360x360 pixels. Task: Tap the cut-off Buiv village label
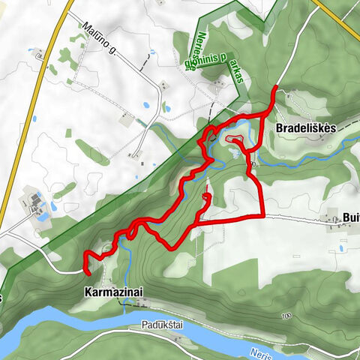[x=350, y=218]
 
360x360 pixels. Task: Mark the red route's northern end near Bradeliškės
[x=275, y=88]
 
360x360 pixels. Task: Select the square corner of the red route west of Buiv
[x=262, y=215]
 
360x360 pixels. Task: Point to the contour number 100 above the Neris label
[x=286, y=316]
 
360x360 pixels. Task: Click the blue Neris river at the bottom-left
[x=30, y=322]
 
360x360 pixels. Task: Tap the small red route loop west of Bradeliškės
[x=234, y=141]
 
